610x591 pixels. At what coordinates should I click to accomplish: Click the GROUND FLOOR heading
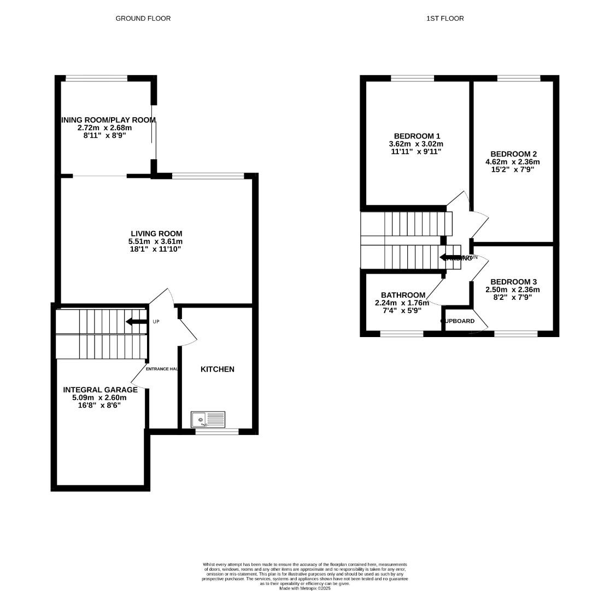click(x=143, y=19)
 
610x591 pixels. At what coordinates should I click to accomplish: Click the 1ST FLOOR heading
click(x=445, y=19)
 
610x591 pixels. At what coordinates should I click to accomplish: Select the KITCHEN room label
click(x=217, y=369)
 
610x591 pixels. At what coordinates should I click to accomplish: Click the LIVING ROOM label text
click(x=156, y=234)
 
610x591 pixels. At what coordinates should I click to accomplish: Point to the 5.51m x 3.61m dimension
click(x=156, y=241)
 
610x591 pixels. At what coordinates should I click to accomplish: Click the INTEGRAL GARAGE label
click(x=100, y=390)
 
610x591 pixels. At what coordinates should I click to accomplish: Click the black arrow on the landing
click(x=450, y=257)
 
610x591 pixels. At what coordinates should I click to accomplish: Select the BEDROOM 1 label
click(x=417, y=136)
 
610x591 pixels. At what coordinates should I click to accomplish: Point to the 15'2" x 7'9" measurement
click(x=512, y=170)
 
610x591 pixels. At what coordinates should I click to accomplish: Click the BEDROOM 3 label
click(x=512, y=282)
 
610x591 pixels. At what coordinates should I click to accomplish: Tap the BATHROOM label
click(x=403, y=295)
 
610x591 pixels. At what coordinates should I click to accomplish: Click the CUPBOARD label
click(x=458, y=321)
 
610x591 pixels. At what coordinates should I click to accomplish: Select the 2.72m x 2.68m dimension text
click(x=105, y=128)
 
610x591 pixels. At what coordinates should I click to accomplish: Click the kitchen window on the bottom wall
click(x=217, y=432)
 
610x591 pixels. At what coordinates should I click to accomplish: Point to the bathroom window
click(x=402, y=333)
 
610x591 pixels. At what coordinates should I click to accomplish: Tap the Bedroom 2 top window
click(x=519, y=78)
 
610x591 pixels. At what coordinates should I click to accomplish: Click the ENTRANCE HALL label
click(x=162, y=369)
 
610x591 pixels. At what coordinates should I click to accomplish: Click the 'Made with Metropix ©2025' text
click(x=304, y=588)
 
